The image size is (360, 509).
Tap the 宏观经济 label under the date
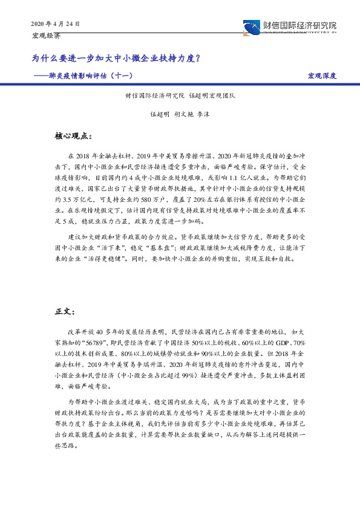click(x=45, y=36)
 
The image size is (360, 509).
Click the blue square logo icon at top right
click(x=250, y=27)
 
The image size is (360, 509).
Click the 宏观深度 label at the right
click(x=321, y=76)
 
